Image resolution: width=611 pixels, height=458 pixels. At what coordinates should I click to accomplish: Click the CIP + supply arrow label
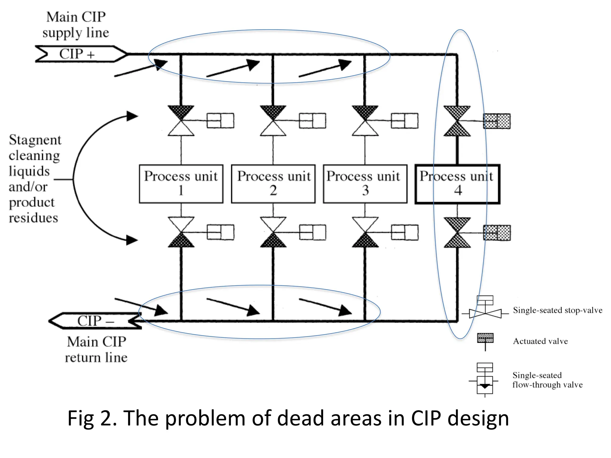77,54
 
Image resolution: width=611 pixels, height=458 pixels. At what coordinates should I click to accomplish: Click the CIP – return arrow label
95,321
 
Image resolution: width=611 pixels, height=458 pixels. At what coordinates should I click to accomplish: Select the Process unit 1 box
181,184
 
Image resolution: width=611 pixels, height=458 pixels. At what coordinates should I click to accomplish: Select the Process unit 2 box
273,184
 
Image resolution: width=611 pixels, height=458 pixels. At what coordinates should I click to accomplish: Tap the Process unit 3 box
365,184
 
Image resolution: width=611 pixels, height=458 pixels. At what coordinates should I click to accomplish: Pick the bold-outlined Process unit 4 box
457,184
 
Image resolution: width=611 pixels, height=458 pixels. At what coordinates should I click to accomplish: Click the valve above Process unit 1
181,121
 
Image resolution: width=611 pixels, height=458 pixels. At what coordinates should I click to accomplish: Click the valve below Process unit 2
273,232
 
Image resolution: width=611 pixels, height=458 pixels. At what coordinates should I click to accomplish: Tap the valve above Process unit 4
457,121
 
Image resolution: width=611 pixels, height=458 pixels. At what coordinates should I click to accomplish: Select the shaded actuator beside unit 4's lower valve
497,233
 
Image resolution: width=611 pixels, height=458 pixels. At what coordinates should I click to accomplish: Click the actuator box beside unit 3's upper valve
405,121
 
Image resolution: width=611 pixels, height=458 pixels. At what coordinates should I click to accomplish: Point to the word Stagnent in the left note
35,140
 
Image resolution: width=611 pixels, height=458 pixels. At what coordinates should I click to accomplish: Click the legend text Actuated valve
540,341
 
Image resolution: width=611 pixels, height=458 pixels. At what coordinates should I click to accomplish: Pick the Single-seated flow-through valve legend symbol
485,380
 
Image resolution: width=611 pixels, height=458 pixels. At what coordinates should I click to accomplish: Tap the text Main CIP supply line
76,25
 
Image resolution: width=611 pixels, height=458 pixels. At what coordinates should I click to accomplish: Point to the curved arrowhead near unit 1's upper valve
132,116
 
